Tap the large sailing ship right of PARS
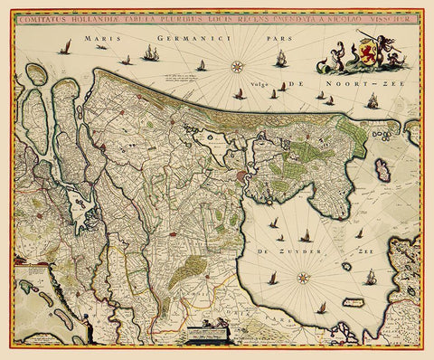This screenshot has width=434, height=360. [x=283, y=58]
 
